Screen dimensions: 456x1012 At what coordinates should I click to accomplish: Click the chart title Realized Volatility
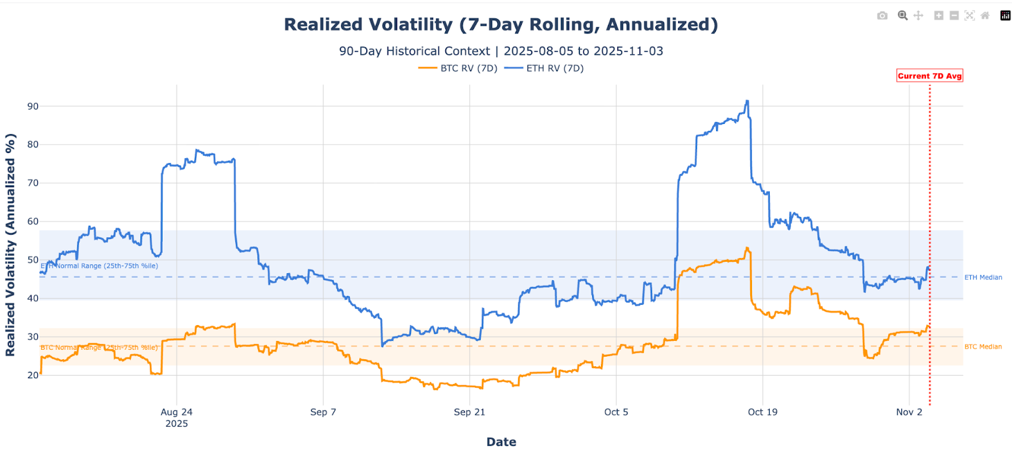pos(501,25)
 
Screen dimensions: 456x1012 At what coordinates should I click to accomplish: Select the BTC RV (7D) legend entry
pos(469,68)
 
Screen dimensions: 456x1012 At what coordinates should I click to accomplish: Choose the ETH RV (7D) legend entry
pos(555,68)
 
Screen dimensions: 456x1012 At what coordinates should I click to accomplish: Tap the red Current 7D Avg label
pos(929,76)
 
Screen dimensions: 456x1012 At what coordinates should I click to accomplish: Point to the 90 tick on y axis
pos(32,106)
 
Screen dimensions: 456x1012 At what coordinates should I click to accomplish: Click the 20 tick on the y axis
pos(32,375)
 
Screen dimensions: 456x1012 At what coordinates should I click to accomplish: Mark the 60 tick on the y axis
pos(32,221)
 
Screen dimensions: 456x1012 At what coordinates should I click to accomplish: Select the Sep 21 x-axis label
pos(469,412)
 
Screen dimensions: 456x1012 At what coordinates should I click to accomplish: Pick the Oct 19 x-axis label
pos(762,412)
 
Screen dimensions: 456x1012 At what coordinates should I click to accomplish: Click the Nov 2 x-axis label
pos(909,412)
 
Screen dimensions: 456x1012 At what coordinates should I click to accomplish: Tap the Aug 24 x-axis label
pos(176,412)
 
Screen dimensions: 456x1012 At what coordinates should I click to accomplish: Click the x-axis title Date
pos(501,442)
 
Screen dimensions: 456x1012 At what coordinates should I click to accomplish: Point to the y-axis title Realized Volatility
pos(10,245)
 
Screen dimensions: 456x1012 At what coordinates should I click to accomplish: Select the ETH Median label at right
pos(983,278)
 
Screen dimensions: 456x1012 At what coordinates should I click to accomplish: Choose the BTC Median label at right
pos(983,347)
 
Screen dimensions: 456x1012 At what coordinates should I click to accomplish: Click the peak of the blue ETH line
pos(747,101)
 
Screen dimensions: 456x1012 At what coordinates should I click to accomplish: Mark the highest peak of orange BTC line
pos(747,248)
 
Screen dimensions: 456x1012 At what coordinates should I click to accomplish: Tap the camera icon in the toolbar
pos(882,16)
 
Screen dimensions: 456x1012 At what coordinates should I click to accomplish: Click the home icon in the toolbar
pos(985,16)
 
